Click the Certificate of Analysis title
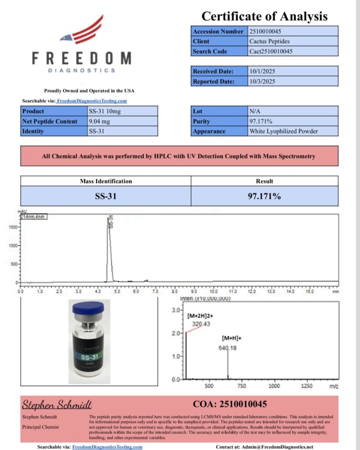(x=264, y=16)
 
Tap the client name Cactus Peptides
(x=269, y=41)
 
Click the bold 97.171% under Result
(x=264, y=196)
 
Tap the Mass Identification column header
(x=105, y=181)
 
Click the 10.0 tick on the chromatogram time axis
(x=214, y=291)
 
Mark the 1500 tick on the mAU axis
(x=12, y=227)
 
